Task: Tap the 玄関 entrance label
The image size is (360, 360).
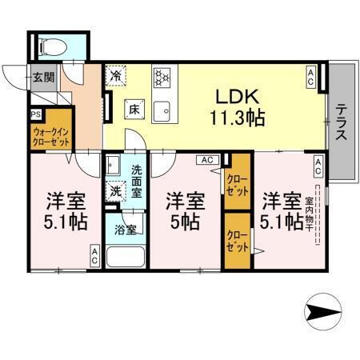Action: tap(43, 78)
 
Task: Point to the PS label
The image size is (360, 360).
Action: tap(36, 114)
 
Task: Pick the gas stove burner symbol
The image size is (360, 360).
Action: tap(164, 77)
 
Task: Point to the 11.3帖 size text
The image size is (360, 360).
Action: tap(238, 117)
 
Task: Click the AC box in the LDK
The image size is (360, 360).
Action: tap(310, 76)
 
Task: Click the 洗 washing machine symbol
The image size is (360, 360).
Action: tap(116, 191)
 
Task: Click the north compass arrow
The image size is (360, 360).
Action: tap(327, 311)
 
